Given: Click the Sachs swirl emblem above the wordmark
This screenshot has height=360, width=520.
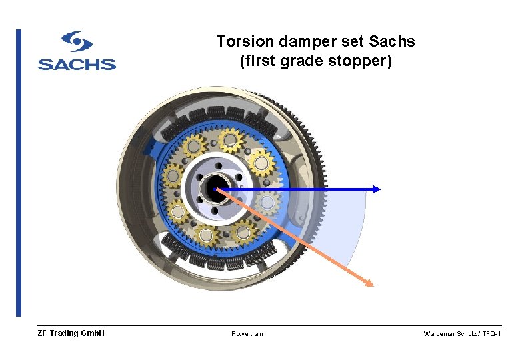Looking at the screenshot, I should [77, 41].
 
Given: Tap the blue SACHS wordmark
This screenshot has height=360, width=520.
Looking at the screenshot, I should [77, 64].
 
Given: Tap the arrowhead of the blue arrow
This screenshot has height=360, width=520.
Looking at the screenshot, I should [377, 189].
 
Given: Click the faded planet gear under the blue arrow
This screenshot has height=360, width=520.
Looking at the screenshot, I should [268, 203].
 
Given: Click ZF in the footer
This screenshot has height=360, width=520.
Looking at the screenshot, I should [43, 333].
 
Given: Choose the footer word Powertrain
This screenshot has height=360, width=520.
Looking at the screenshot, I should [247, 333].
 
